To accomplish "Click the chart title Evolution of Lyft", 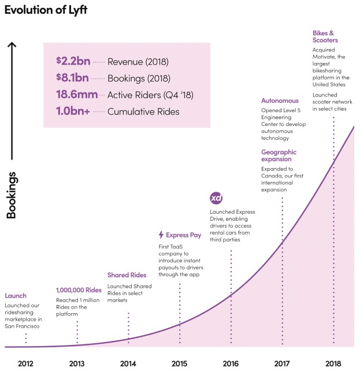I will pos(47,10).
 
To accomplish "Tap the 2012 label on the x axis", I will pos(25,363).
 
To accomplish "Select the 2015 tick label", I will pos(179,363).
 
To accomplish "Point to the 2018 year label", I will pos(333,363).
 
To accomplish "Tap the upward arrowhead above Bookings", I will pos(12,45).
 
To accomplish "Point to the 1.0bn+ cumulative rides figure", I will pos(73,111).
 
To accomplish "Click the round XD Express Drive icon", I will pos(216,198).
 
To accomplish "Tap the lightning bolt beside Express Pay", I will pos(161,235).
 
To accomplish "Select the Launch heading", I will pos(16,296).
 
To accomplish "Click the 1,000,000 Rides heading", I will pos(79,290).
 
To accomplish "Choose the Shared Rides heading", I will pos(127,275).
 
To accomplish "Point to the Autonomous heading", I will pos(279,101).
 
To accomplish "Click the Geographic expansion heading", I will pos(279,156).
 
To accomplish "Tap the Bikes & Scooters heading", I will pos(325,36).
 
